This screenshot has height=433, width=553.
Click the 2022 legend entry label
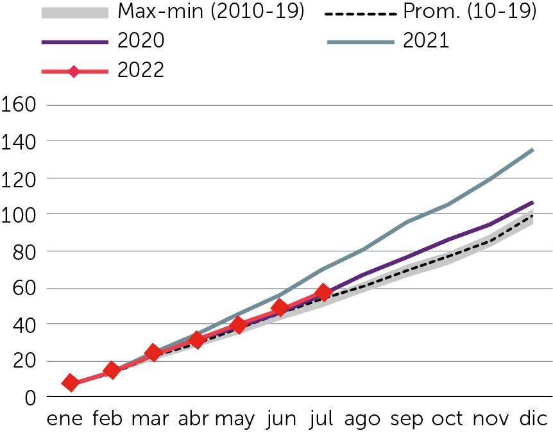(140, 70)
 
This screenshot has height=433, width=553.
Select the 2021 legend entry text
(427, 41)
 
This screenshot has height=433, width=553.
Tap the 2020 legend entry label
(140, 41)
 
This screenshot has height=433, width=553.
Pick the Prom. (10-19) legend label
(470, 12)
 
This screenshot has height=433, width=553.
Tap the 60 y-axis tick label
(23, 288)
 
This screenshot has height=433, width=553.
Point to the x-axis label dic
(534, 420)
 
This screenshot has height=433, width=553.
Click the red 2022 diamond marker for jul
(323, 293)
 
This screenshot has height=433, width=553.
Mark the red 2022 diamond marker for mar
(153, 352)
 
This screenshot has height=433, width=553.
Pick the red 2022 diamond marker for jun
(279, 307)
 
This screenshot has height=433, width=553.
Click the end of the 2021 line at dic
(533, 149)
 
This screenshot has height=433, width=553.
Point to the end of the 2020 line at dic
(533, 203)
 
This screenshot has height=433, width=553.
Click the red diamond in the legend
(74, 71)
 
